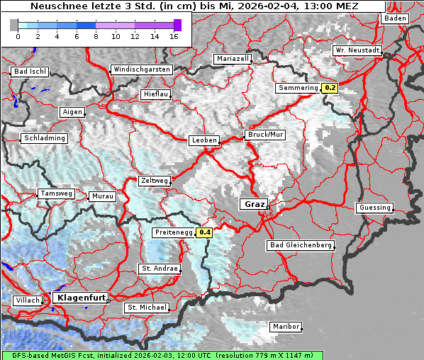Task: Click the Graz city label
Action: pos(253,204)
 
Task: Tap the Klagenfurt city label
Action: pos(80,298)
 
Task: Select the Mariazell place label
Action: pos(233,59)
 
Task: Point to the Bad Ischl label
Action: pos(30,72)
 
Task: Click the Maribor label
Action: pos(285,327)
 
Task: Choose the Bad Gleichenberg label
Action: pos(300,245)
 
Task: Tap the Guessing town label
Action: pos(374,208)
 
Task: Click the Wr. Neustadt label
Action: pos(357,51)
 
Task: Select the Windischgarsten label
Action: pos(141,69)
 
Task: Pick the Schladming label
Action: pos(44,138)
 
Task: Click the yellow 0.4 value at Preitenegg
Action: pos(205,232)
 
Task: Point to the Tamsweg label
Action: pos(56,193)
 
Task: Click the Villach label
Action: pos(27,300)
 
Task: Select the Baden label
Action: pos(394,18)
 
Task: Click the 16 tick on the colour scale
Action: pos(174,35)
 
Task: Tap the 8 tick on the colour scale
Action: pos(96,35)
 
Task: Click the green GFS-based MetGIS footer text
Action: pos(162,355)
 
